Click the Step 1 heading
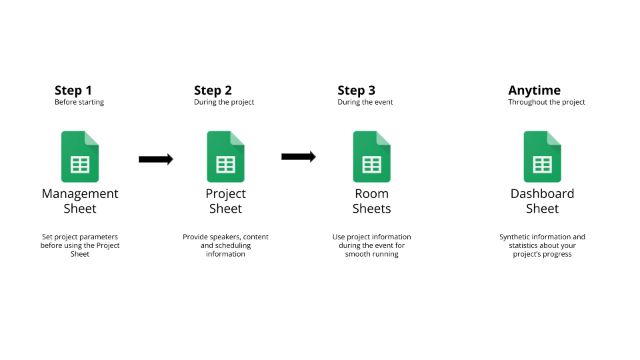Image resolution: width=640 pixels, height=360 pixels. [x=73, y=90]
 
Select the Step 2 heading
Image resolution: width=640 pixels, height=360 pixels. [x=213, y=90]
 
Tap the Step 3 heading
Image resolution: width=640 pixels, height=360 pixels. [x=356, y=90]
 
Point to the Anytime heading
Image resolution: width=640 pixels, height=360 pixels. [x=534, y=91]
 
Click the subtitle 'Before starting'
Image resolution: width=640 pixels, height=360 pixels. [x=79, y=102]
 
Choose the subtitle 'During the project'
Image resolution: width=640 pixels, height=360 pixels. [x=224, y=102]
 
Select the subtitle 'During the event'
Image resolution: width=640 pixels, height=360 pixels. [x=365, y=102]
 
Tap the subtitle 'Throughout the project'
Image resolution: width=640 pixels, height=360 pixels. [x=547, y=102]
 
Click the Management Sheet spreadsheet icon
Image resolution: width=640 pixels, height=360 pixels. [x=80, y=157]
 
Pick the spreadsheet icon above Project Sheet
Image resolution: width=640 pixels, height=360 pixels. [x=226, y=157]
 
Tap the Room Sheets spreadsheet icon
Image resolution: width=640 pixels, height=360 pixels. [x=372, y=157]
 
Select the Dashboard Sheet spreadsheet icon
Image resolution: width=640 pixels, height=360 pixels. [x=543, y=157]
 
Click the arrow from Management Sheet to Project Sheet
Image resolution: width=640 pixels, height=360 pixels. [x=156, y=159]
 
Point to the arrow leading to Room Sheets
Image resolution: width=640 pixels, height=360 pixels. [x=299, y=157]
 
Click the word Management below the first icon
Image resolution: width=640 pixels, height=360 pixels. [x=80, y=194]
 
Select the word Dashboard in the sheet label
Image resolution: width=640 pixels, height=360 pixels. [x=543, y=193]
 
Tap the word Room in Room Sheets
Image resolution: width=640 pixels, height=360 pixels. [x=372, y=193]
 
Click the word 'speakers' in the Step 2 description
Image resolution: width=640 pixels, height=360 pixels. [x=225, y=237]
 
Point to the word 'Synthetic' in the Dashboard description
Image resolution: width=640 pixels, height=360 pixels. [x=514, y=237]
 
